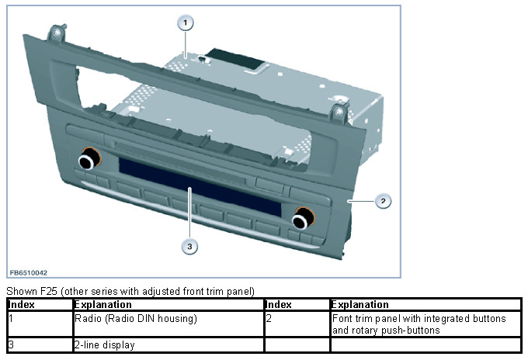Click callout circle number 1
(185, 22)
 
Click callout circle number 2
(381, 201)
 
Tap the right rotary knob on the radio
(300, 220)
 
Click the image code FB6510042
(29, 273)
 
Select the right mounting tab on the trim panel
(339, 113)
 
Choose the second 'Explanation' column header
(360, 305)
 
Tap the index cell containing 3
(11, 344)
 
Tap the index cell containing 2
(268, 318)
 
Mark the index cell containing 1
(11, 318)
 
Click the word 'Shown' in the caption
(19, 292)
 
